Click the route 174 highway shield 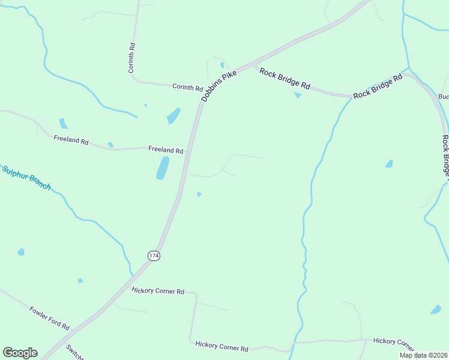click(x=154, y=256)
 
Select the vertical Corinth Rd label click(x=132, y=58)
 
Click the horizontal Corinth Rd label click(x=187, y=87)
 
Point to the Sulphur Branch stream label click(x=26, y=178)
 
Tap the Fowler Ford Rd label click(x=49, y=318)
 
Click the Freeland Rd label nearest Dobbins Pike click(x=166, y=150)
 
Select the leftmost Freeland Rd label click(x=71, y=140)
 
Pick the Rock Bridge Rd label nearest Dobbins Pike click(x=285, y=78)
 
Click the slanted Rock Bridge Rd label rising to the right click(x=378, y=87)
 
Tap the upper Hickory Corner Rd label click(x=158, y=291)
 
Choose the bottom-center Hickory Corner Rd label click(x=221, y=347)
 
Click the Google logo click(x=20, y=353)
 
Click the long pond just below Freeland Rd click(x=163, y=168)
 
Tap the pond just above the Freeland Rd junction click(x=173, y=115)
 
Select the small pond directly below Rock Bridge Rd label click(x=298, y=95)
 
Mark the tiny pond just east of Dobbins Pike click(x=199, y=194)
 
